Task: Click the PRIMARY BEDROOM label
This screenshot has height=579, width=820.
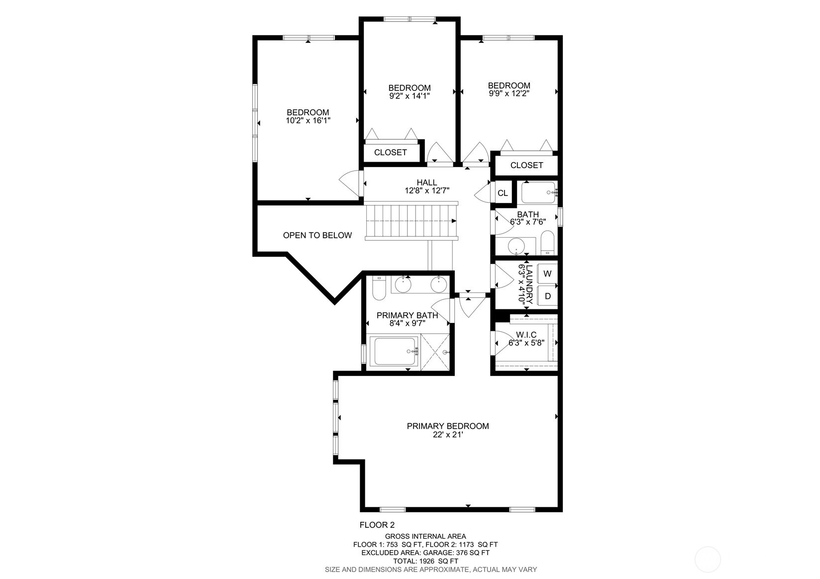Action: click(x=447, y=426)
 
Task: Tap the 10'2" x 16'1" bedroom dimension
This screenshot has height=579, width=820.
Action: click(x=308, y=120)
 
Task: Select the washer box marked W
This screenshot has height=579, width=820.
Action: click(x=547, y=274)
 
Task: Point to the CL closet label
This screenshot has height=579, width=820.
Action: click(x=503, y=193)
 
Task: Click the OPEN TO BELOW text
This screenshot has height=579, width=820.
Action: click(x=317, y=235)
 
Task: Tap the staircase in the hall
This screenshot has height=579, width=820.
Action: click(x=411, y=221)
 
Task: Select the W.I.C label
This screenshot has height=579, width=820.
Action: click(x=526, y=335)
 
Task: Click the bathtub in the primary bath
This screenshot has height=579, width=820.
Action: click(x=396, y=351)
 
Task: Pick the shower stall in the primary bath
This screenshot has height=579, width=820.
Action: click(x=436, y=352)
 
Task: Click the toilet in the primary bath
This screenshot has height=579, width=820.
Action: click(x=379, y=289)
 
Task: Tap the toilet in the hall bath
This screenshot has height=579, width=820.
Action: click(x=547, y=242)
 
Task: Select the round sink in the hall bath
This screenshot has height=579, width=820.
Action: click(x=517, y=247)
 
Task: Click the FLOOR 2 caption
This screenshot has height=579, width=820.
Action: click(x=377, y=525)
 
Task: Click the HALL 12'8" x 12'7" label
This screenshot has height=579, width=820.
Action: click(x=426, y=186)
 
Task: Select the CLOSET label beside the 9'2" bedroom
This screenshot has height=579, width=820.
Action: click(x=390, y=152)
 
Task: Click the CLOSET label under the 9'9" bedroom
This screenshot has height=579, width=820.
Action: click(x=526, y=165)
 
